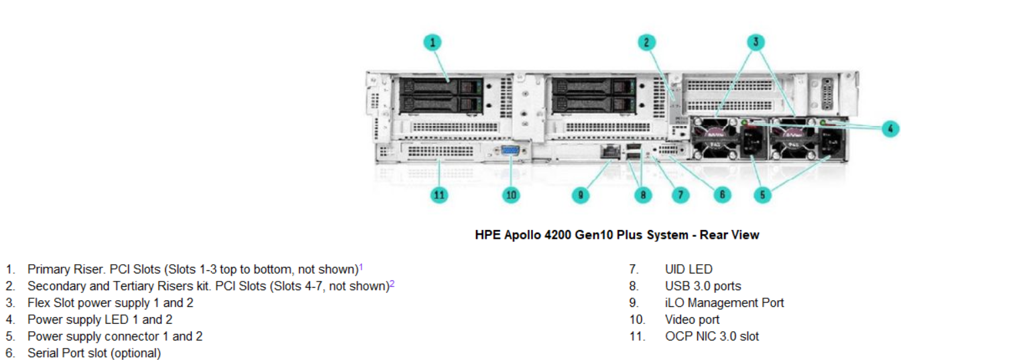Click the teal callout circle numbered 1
[433, 42]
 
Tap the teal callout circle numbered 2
[646, 42]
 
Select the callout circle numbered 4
[890, 129]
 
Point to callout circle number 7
[680, 195]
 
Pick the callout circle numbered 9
[581, 195]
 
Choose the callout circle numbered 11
[439, 195]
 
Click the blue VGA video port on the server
[511, 151]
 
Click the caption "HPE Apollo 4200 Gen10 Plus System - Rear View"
[617, 235]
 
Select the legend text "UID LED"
[689, 269]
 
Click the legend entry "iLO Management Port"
[724, 302]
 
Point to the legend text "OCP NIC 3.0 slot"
[712, 336]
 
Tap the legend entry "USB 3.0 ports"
[703, 286]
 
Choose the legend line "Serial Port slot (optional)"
[94, 353]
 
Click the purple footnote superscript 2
[392, 284]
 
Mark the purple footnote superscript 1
[361, 267]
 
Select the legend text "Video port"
[692, 320]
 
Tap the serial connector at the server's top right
[827, 94]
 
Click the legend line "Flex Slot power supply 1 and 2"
[111, 303]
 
